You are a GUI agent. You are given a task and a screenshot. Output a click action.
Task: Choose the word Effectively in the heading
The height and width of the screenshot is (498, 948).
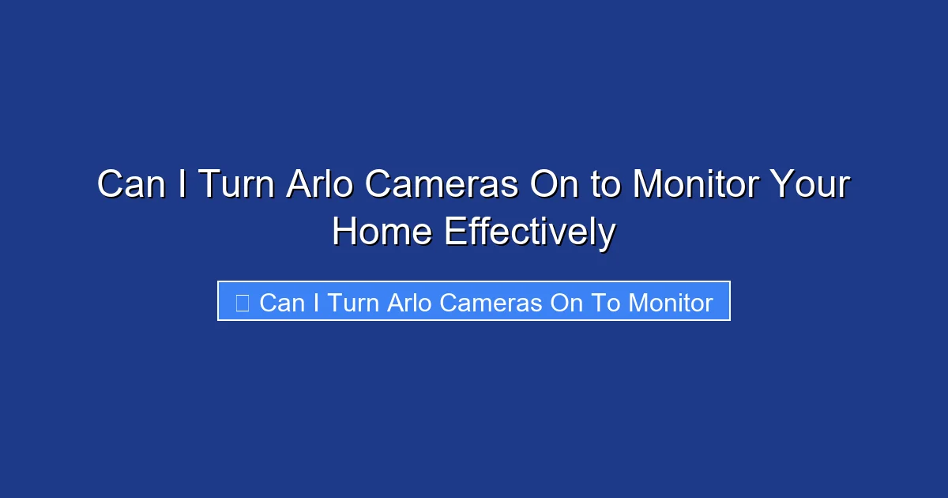529,232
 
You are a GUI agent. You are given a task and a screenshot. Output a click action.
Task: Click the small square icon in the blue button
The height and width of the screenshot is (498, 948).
243,303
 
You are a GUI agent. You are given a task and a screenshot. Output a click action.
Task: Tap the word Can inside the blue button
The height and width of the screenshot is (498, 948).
281,303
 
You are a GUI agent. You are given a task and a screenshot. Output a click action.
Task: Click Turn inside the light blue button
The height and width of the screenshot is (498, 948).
352,303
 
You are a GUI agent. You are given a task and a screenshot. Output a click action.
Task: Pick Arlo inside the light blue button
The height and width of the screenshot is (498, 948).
409,303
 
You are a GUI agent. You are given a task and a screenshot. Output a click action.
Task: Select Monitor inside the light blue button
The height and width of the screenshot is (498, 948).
671,303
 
